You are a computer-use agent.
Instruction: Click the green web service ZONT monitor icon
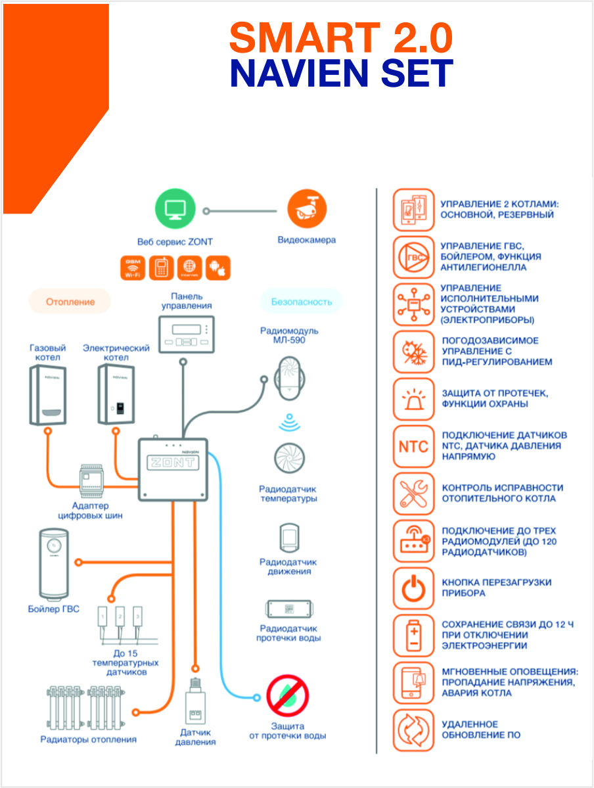click(x=175, y=211)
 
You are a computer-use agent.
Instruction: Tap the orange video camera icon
click(x=307, y=210)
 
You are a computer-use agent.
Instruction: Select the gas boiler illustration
click(x=49, y=394)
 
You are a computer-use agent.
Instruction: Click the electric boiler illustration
click(x=118, y=394)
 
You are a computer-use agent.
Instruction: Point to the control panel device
click(x=187, y=334)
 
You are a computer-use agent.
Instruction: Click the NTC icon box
click(x=413, y=447)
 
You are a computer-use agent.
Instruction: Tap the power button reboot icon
click(x=413, y=589)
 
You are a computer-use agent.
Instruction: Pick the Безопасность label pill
click(x=302, y=302)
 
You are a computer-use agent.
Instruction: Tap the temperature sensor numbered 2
click(x=120, y=616)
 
